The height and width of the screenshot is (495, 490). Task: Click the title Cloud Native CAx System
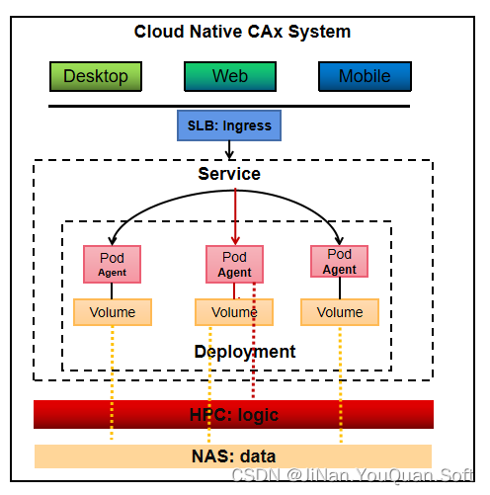(x=242, y=32)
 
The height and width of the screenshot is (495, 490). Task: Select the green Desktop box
(x=96, y=76)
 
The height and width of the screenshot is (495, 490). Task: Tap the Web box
(x=229, y=76)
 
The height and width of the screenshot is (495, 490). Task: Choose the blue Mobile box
(x=365, y=76)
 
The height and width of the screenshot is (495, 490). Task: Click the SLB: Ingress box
(x=229, y=125)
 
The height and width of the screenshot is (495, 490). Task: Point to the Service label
(x=229, y=174)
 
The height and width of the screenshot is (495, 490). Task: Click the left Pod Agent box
(x=112, y=264)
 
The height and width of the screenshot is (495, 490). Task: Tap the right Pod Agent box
(x=339, y=262)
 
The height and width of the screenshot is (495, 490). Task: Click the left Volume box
(x=112, y=312)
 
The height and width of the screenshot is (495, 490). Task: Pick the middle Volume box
(x=234, y=312)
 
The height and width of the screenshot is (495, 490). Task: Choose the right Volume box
(x=339, y=312)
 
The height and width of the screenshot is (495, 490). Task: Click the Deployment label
(x=244, y=352)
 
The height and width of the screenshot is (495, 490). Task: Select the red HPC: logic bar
(x=233, y=414)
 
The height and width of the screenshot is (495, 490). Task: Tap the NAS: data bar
(x=233, y=455)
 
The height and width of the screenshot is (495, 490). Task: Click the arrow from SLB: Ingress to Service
(x=229, y=149)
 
